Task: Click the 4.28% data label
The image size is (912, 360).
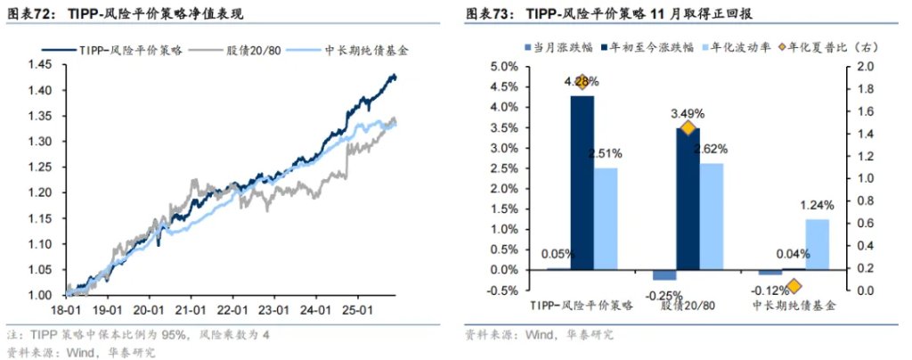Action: (x=582, y=81)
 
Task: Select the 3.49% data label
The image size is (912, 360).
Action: (x=687, y=113)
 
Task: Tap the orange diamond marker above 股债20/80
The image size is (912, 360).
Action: (x=687, y=129)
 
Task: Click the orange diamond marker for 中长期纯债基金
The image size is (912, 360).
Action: (x=794, y=286)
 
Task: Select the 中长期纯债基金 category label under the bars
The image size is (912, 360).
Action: (x=794, y=306)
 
